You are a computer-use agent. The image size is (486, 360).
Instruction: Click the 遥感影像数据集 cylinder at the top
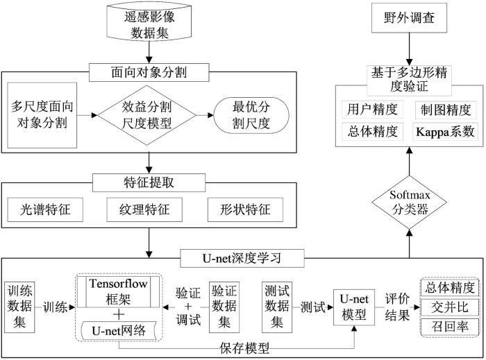click(x=149, y=22)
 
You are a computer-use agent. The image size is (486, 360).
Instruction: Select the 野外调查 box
click(x=409, y=18)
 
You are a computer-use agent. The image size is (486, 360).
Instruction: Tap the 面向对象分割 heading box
click(x=149, y=72)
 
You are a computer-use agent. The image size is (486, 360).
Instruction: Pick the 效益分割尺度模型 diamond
click(x=147, y=115)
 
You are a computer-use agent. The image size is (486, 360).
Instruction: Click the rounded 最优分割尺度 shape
click(x=251, y=115)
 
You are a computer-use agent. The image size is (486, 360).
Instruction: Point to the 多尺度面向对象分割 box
click(x=42, y=115)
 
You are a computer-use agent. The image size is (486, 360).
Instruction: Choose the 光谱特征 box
click(x=45, y=210)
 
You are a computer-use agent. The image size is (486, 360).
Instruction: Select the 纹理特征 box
click(x=144, y=210)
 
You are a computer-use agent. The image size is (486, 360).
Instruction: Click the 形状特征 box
click(x=245, y=210)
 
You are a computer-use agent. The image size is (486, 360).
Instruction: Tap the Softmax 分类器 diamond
click(x=409, y=203)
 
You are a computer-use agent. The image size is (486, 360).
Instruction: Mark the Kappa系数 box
click(x=445, y=132)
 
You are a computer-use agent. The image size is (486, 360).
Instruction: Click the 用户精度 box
click(x=372, y=110)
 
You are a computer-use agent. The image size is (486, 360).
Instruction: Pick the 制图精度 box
click(x=446, y=110)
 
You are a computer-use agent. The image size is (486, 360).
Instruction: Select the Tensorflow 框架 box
click(x=118, y=291)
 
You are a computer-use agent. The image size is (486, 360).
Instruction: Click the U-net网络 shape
click(x=119, y=331)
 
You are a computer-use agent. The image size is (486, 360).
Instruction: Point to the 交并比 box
click(x=450, y=307)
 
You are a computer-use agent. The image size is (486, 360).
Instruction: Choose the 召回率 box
click(x=450, y=327)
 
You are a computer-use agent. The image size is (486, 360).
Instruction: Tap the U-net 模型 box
click(x=354, y=307)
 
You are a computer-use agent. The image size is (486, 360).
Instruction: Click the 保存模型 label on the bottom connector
click(x=244, y=348)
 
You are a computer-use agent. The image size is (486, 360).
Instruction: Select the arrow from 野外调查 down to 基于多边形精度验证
click(x=409, y=49)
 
